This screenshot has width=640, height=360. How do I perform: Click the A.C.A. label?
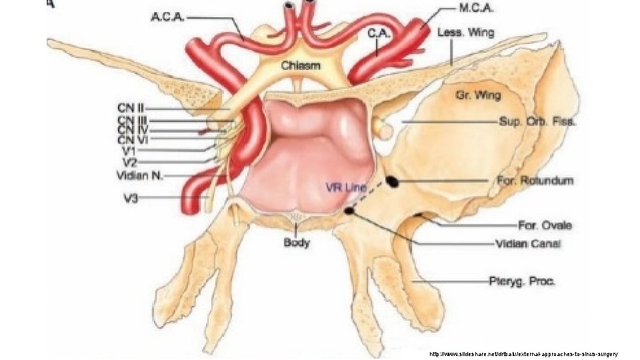(166, 17)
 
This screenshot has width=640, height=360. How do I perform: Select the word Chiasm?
(300, 65)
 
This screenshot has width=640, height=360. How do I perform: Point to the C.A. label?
(376, 31)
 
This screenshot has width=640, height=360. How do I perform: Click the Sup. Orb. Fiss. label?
(537, 122)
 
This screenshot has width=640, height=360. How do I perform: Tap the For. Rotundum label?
(535, 181)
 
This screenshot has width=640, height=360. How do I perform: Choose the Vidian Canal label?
(529, 243)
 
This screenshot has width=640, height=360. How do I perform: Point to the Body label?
(297, 243)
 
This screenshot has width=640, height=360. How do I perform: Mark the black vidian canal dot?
(349, 211)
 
